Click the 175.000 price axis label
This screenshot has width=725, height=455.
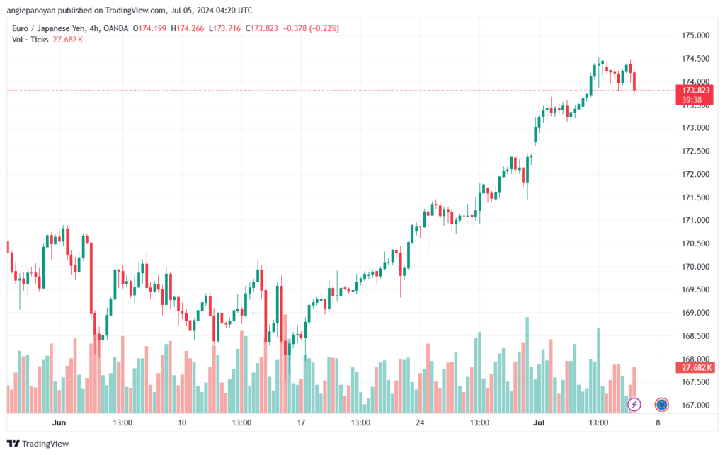tap(695, 35)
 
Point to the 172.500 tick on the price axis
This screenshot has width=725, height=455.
tap(695, 151)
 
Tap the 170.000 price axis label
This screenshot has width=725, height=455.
tap(695, 267)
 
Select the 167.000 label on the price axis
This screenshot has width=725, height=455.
tap(695, 405)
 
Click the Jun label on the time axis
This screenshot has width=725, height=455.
tap(59, 422)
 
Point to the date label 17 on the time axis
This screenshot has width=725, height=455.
tap(301, 422)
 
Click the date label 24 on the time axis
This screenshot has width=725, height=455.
tap(420, 422)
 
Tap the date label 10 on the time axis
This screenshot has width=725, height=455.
tap(182, 422)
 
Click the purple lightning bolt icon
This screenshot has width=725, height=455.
tap(634, 404)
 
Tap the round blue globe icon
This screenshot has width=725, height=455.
tap(662, 404)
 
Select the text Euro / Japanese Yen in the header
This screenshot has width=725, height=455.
tap(45, 28)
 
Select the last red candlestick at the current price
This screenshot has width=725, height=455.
tap(634, 81)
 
